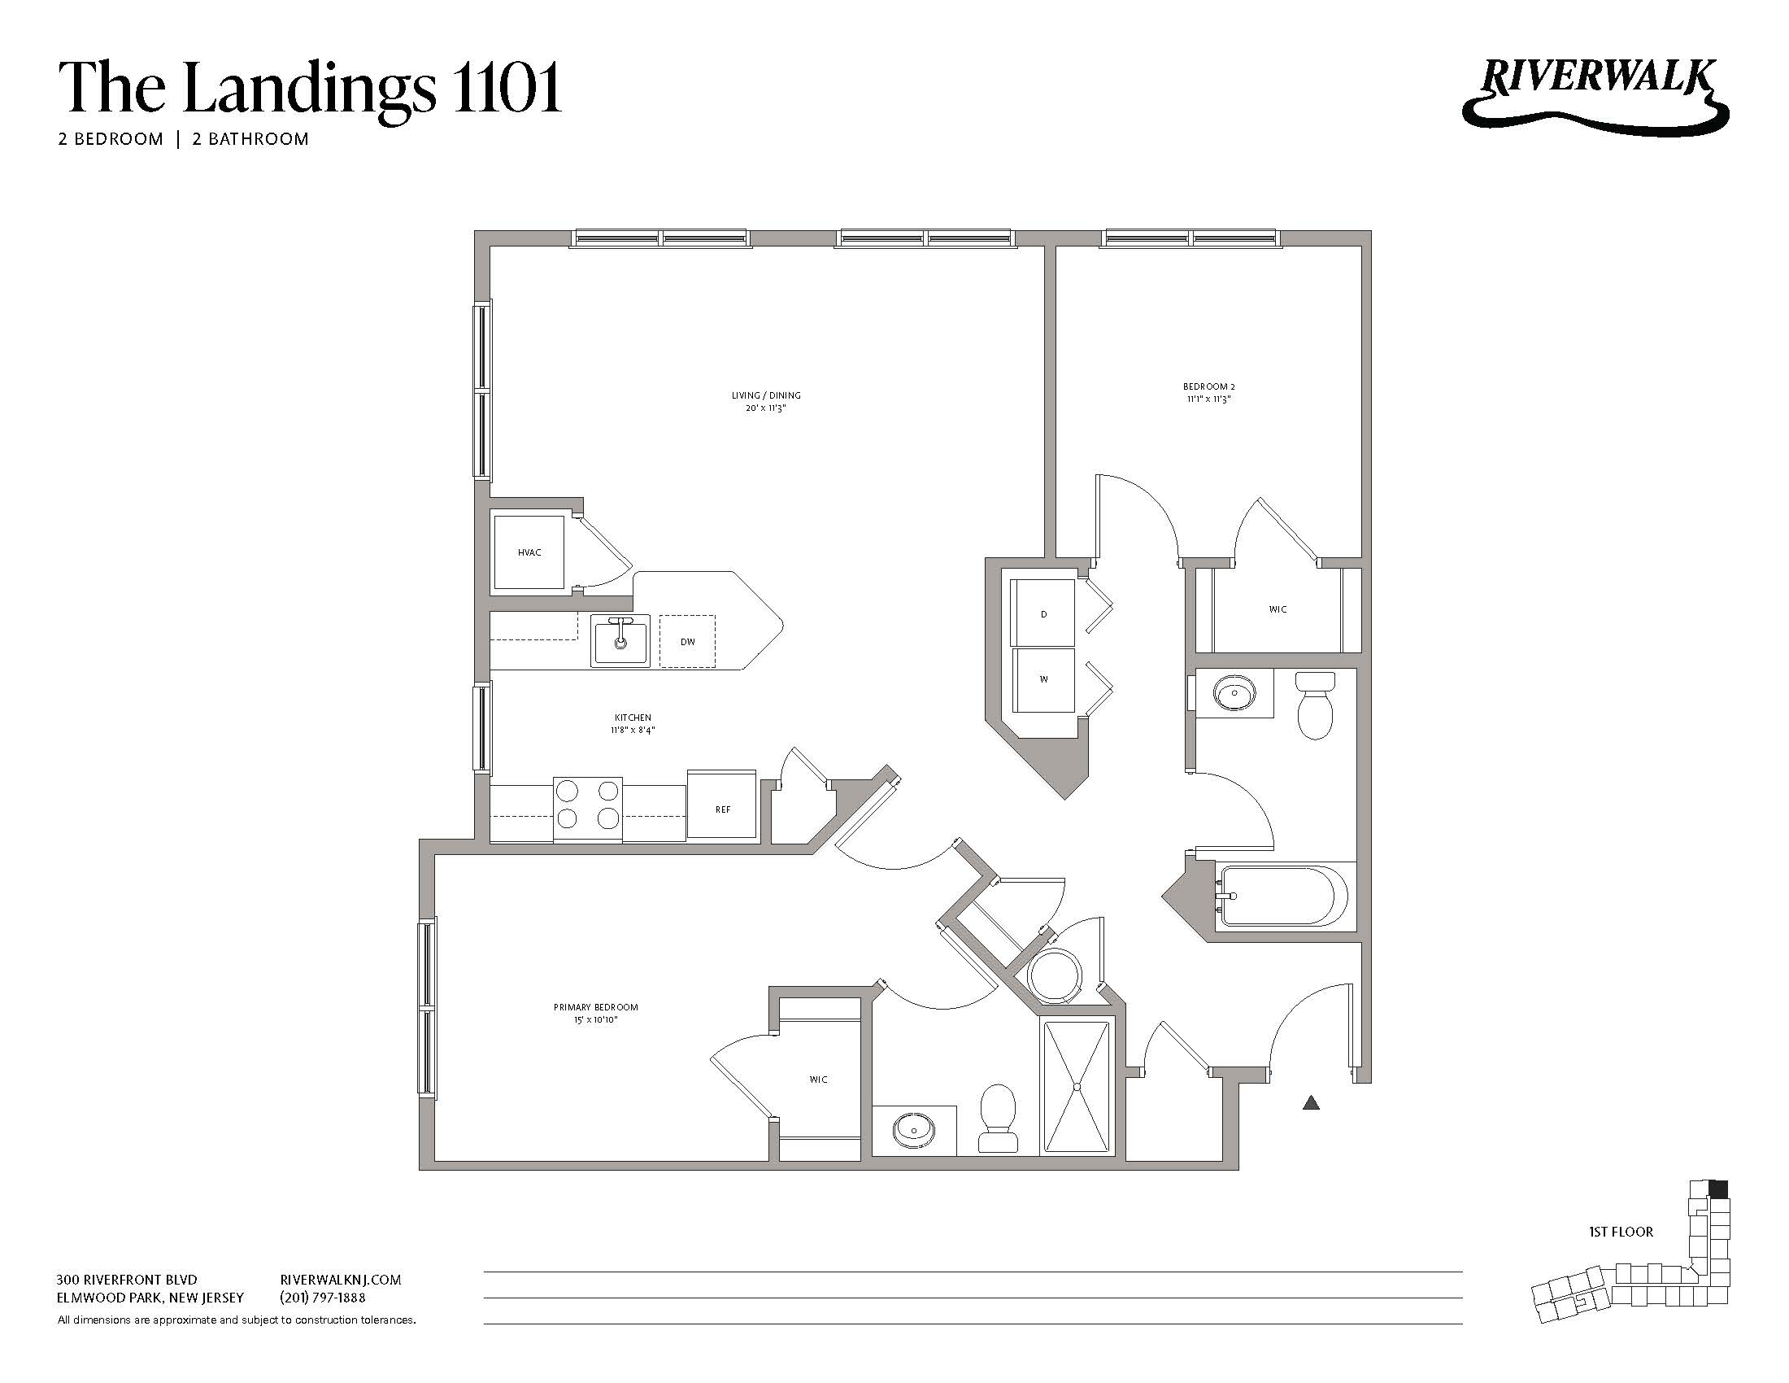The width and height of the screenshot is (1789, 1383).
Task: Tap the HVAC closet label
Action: [529, 552]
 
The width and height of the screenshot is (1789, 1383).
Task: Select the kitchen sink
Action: [620, 641]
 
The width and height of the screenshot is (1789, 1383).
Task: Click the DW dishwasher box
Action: [687, 642]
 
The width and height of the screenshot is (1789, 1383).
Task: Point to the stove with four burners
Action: [587, 806]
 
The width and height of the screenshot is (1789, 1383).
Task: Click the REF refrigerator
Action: [721, 808]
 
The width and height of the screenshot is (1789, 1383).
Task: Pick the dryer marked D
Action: [1042, 613]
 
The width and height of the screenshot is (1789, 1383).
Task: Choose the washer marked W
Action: [1042, 679]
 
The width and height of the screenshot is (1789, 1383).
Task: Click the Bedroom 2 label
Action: [1208, 392]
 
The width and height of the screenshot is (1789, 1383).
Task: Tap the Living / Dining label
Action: [766, 401]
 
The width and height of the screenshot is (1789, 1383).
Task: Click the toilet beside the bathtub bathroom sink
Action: [1315, 705]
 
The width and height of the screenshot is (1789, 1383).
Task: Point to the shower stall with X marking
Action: [1077, 1085]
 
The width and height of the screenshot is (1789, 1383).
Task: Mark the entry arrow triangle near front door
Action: [1311, 1103]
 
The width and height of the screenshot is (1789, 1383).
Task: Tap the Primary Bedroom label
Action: [595, 1013]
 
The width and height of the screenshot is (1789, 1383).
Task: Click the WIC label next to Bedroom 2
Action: [1277, 609]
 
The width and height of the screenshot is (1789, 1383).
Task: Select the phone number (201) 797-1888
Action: [323, 1298]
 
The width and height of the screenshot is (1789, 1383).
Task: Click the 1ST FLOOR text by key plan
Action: [1621, 1232]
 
